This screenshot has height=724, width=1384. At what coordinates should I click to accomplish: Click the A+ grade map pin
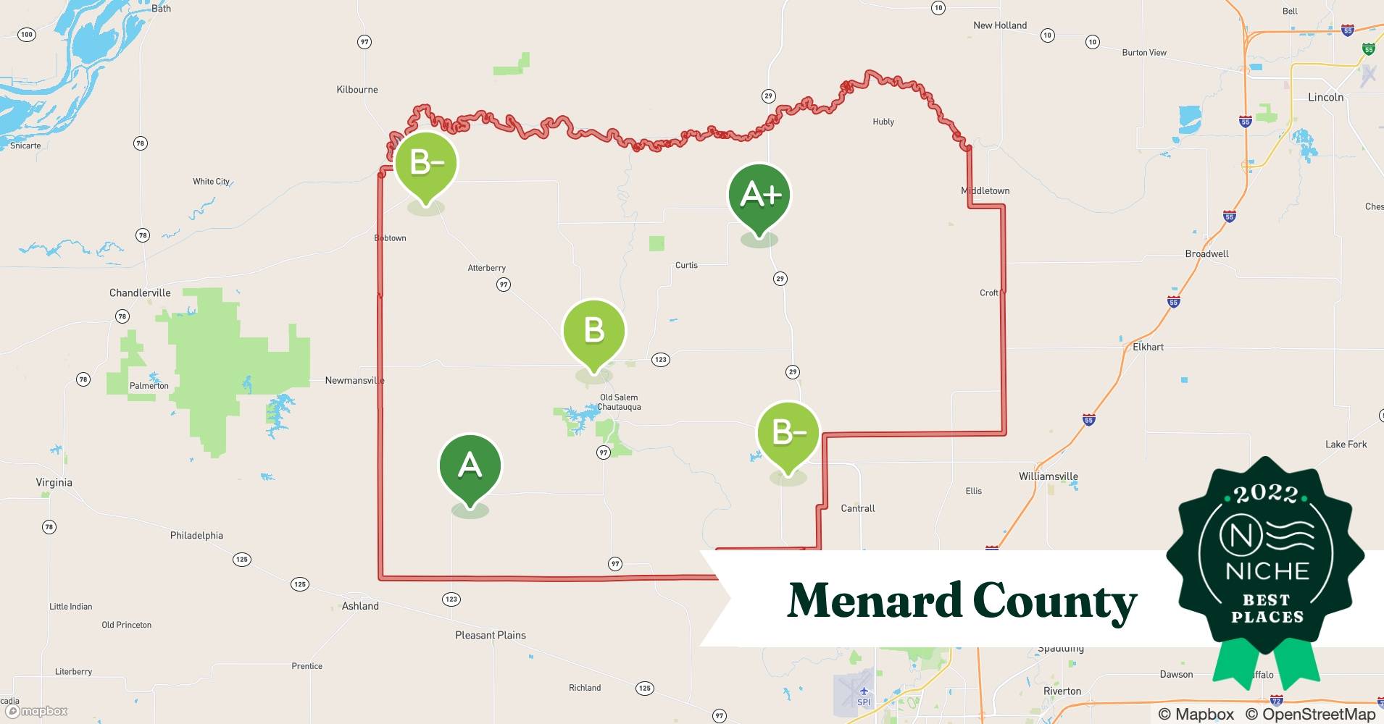(759, 195)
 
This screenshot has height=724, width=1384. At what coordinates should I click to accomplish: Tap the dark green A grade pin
(470, 466)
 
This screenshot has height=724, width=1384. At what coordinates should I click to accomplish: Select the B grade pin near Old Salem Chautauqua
(593, 331)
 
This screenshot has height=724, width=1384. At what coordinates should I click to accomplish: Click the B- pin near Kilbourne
(426, 164)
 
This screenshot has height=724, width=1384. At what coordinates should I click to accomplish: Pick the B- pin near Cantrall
(788, 433)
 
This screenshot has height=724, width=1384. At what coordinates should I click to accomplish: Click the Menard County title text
(962, 601)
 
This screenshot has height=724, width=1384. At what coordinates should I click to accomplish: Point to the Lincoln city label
(1325, 97)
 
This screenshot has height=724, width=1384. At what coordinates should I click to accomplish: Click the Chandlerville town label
(140, 293)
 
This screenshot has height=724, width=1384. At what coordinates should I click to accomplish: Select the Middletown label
(985, 191)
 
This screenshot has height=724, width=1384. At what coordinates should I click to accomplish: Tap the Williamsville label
(1048, 476)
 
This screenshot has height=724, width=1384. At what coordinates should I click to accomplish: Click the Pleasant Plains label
(491, 636)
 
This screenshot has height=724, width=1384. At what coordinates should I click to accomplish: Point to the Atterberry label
(486, 269)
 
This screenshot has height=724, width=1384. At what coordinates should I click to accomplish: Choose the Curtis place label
(686, 266)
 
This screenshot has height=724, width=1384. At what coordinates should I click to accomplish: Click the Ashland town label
(360, 607)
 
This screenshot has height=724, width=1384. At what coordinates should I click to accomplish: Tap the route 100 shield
(27, 35)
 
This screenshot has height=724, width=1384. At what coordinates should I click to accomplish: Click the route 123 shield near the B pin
(660, 360)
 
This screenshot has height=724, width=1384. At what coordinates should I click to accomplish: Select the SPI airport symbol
(863, 691)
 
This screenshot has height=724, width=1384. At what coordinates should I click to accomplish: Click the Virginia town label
(54, 483)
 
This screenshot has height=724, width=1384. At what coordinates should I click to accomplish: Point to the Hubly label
(883, 122)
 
